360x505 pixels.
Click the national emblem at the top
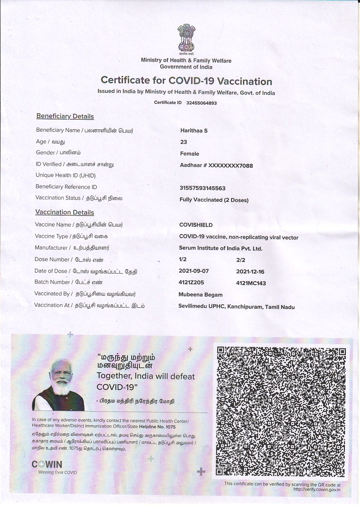[x=186, y=39]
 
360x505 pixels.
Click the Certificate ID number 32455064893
[x=201, y=103]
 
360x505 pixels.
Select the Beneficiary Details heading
[x=65, y=116]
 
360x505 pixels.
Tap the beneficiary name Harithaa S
[x=194, y=131]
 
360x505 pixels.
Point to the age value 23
[x=184, y=142]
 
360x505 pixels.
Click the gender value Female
[x=189, y=154]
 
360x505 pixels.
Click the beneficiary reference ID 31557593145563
[x=202, y=188]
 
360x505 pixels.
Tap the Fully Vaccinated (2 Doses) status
[x=214, y=200]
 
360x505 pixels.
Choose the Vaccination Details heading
[x=64, y=212]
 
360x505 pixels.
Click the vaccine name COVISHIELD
[x=196, y=225]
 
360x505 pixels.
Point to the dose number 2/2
[x=241, y=260]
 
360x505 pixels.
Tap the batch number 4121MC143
[x=251, y=283]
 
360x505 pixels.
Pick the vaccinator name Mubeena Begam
[x=200, y=295]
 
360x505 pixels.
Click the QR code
[x=281, y=411]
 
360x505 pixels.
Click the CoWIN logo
[x=47, y=465]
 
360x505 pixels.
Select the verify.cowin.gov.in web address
[x=317, y=489]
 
